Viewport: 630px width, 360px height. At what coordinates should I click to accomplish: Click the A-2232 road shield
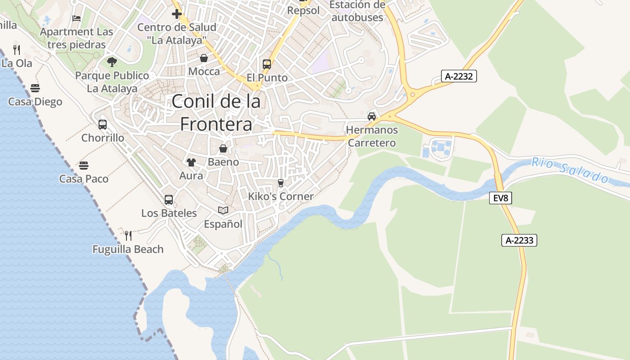[x=459, y=76]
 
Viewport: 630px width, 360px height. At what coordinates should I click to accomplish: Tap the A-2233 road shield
[x=519, y=240]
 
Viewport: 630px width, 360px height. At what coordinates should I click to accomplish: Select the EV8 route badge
[x=500, y=198]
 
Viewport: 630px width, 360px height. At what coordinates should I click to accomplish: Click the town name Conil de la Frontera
[x=216, y=112]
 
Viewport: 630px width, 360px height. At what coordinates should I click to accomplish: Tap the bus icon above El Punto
[x=267, y=64]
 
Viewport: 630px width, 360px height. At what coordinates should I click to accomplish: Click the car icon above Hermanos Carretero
[x=372, y=116]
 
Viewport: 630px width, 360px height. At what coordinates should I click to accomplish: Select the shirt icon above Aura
[x=191, y=162]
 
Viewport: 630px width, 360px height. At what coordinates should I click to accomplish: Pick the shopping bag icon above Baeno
[x=223, y=148]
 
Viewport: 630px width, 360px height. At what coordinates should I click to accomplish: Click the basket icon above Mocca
[x=204, y=58]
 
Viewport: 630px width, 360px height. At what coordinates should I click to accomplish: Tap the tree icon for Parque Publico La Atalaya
[x=112, y=62]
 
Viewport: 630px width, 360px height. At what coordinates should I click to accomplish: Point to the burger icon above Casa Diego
[x=35, y=88]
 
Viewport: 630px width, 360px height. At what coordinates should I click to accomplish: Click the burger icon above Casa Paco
[x=84, y=165]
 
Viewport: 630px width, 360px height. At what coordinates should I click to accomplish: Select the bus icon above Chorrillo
[x=103, y=124]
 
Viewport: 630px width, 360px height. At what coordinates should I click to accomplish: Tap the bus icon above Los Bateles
[x=169, y=199]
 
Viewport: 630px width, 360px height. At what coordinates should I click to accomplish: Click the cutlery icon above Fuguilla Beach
[x=128, y=235]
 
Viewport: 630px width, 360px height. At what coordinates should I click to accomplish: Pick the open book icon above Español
[x=223, y=210]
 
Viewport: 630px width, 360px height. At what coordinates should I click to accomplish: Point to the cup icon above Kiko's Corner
[x=281, y=183]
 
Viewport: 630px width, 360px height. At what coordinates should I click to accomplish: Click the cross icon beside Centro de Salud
[x=177, y=14]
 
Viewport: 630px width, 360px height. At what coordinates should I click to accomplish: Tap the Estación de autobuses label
[x=357, y=11]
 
